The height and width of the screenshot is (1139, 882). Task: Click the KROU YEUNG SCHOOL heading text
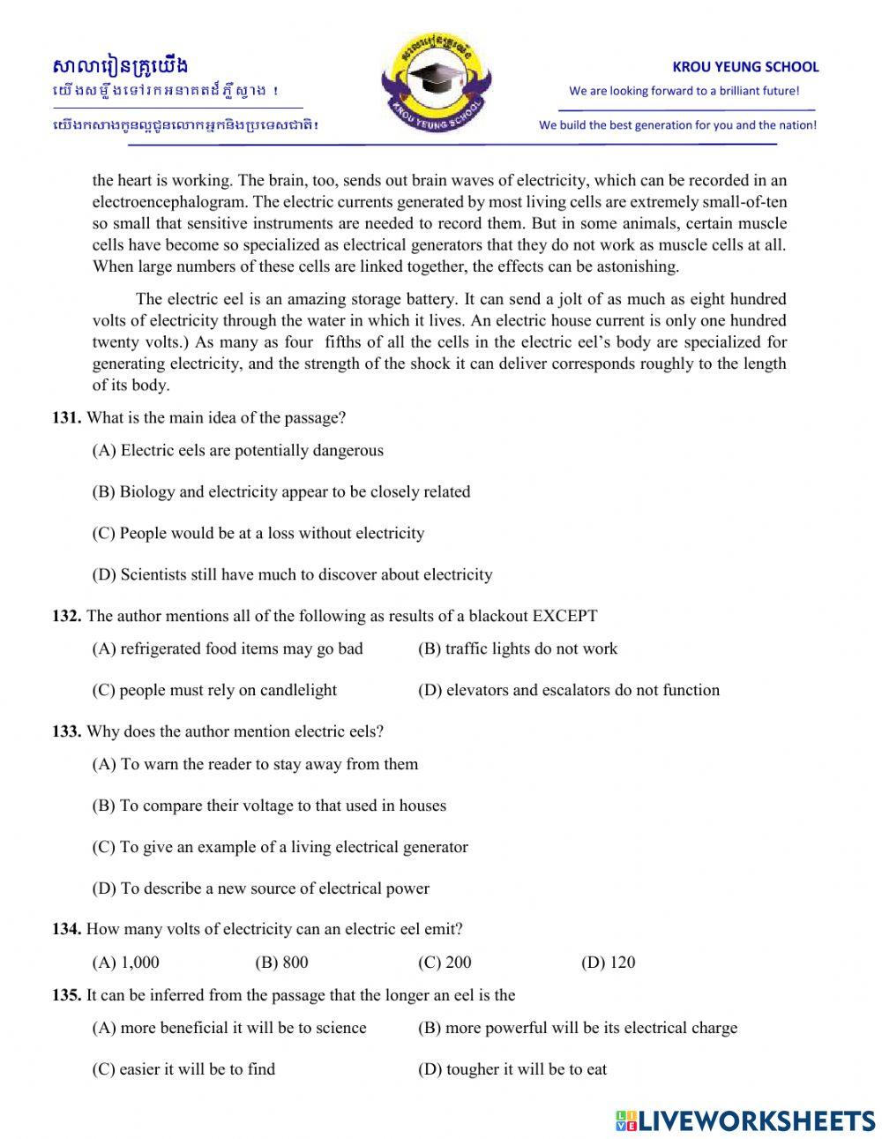(x=745, y=66)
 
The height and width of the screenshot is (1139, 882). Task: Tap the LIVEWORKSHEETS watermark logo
(x=745, y=1120)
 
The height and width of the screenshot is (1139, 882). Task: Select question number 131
(x=66, y=418)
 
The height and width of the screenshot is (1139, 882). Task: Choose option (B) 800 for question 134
(x=281, y=963)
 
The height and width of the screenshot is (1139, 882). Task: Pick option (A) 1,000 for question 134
(x=125, y=963)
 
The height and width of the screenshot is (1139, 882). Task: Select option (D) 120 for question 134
(x=608, y=963)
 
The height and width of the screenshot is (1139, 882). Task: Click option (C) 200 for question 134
(x=445, y=963)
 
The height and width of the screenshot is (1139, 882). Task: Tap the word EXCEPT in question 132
(x=564, y=616)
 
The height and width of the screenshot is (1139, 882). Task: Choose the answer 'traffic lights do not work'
(x=518, y=648)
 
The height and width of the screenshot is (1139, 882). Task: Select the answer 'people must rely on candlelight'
(x=214, y=690)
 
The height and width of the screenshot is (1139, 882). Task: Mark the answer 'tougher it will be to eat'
(x=512, y=1069)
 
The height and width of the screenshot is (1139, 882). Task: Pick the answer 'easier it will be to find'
(x=183, y=1069)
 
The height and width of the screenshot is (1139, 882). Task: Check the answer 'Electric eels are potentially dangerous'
(x=237, y=451)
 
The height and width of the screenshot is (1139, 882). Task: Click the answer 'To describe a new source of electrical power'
(x=260, y=888)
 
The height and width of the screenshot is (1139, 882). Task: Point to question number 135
(x=66, y=995)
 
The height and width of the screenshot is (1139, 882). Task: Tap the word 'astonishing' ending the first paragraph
(x=634, y=266)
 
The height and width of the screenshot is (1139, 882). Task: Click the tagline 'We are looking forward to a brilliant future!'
(x=684, y=91)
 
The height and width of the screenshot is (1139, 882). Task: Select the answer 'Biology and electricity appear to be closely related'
(x=280, y=492)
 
